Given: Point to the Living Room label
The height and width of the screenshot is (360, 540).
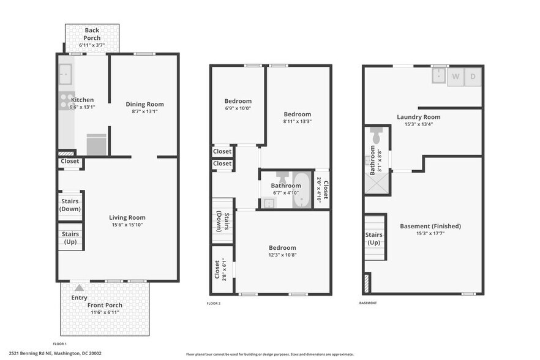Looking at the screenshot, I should point(127,217).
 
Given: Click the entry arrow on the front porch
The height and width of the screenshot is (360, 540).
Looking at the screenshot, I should point(78,287).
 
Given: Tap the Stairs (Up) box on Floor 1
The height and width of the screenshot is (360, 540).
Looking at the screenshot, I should point(71,238).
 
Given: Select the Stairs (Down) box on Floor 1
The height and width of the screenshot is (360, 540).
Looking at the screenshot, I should point(71,204).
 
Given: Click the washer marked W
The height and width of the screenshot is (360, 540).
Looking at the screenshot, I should point(456,77).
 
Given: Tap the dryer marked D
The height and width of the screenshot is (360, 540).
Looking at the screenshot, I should point(473,77).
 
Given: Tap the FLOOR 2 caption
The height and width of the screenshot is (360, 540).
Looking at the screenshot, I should point(214,303).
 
